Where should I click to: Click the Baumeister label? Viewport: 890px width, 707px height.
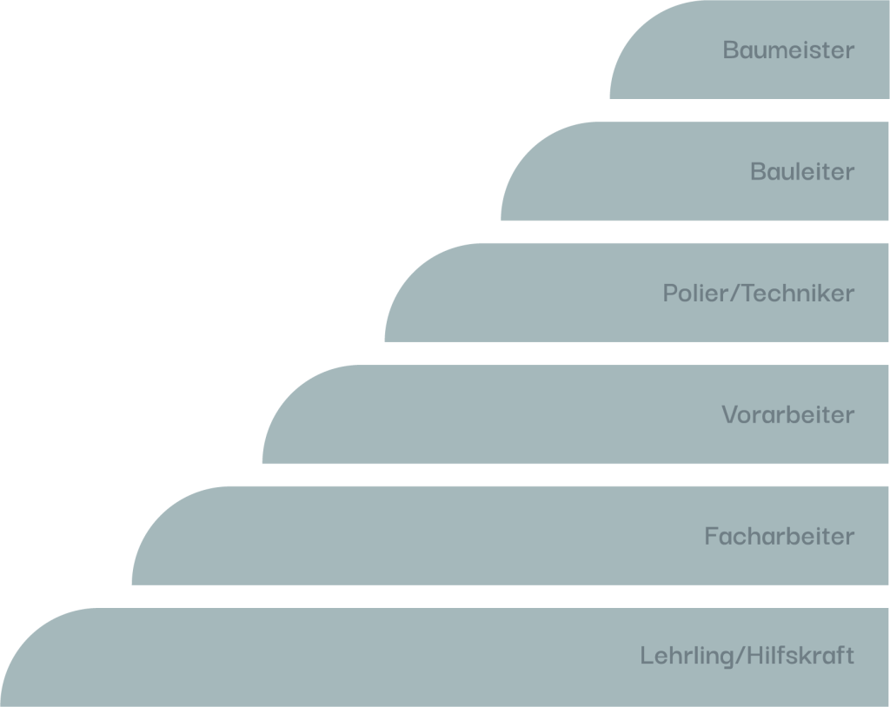tap(788, 50)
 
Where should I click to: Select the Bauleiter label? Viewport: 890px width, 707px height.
tap(802, 171)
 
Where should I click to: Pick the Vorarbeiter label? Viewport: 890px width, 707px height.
tap(787, 415)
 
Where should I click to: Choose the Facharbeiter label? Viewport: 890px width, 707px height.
tap(780, 536)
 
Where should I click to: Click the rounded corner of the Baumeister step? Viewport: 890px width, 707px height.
tap(639, 29)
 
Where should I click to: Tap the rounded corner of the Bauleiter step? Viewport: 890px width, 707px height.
tap(529, 150)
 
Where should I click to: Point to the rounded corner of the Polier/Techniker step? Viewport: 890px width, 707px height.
tap(414, 272)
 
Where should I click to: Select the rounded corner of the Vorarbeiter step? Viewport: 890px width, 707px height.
tap(291, 393)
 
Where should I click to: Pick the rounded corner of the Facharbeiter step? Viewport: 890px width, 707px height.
tap(161, 515)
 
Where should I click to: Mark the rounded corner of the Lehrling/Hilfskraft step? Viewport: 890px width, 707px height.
tap(29, 637)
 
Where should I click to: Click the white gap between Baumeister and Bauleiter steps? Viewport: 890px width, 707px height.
tap(749, 110)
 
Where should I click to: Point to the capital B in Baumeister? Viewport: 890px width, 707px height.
tap(730, 50)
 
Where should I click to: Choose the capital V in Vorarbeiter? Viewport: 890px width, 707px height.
tap(730, 415)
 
